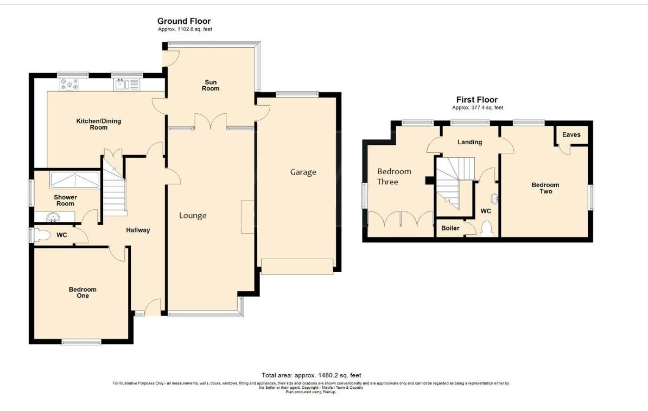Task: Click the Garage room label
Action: pyautogui.click(x=303, y=172)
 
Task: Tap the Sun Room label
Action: pyautogui.click(x=211, y=85)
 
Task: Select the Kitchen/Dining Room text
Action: pyautogui.click(x=98, y=124)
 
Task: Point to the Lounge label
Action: pyautogui.click(x=193, y=216)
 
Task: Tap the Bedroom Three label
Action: pyautogui.click(x=394, y=176)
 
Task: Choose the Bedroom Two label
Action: pyautogui.click(x=545, y=188)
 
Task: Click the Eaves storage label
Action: pyautogui.click(x=571, y=135)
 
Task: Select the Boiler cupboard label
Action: pyautogui.click(x=450, y=228)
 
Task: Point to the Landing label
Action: pyautogui.click(x=469, y=142)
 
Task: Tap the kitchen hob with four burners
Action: pyautogui.click(x=70, y=84)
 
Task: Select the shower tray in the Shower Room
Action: pyautogui.click(x=74, y=179)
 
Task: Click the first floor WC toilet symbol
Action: pyautogui.click(x=487, y=229)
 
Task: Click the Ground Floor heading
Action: pyautogui.click(x=184, y=21)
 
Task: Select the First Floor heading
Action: pyautogui.click(x=477, y=100)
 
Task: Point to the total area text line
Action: pyautogui.click(x=311, y=375)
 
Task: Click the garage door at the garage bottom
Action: pyautogui.click(x=297, y=267)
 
